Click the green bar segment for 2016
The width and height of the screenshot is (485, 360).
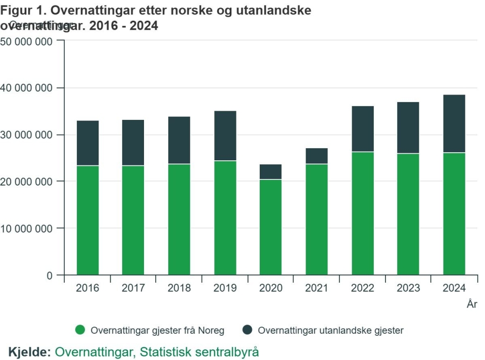(87, 220)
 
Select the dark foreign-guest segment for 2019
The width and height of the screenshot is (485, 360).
(225, 136)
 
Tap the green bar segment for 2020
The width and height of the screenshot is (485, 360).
(271, 227)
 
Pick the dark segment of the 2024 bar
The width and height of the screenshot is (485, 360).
(454, 123)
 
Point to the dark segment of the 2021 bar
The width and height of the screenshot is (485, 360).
(317, 156)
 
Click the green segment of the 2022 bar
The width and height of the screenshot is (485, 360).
(363, 213)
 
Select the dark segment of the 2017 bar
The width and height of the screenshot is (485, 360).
(133, 143)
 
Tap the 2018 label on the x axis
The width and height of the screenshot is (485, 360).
(179, 288)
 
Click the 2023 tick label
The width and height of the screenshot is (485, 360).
(408, 288)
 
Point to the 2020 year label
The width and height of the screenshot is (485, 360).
(271, 288)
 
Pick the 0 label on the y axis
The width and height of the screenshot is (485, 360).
(49, 276)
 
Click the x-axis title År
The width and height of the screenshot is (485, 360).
(472, 304)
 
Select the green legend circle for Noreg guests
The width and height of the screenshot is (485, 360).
(80, 330)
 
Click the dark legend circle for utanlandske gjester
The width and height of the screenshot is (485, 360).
(247, 330)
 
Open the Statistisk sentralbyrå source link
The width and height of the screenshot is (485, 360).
(157, 351)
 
